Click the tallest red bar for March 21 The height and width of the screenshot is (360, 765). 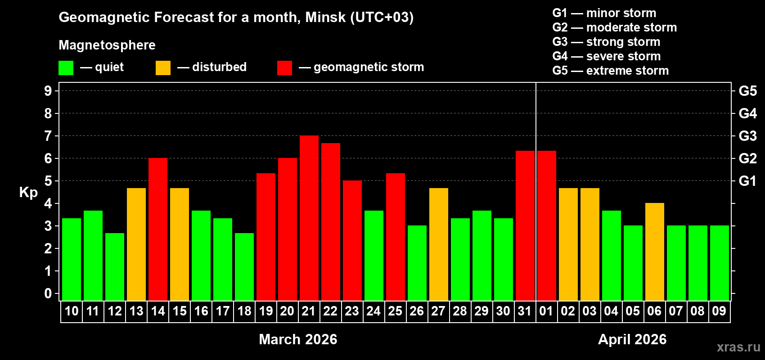(309, 218)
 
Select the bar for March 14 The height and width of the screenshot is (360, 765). (158, 229)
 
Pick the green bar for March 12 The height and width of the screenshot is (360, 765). (115, 266)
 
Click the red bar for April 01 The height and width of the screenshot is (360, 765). (547, 225)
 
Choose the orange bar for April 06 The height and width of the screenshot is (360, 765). (655, 252)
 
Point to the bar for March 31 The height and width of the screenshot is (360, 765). (525, 225)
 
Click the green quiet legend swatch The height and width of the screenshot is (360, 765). (66, 68)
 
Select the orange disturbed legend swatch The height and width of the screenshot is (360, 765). (163, 68)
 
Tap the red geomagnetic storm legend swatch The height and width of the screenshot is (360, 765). (285, 68)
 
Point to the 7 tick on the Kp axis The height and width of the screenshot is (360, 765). (48, 136)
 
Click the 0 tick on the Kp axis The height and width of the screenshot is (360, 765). (48, 294)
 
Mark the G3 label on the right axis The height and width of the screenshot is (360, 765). (747, 136)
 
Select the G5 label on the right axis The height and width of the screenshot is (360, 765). (747, 91)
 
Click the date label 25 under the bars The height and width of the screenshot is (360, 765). (395, 311)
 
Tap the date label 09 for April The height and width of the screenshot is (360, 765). (719, 311)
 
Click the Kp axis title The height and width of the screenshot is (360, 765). (28, 193)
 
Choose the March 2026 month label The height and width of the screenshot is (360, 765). (298, 339)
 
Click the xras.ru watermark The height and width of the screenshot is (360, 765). (738, 347)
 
